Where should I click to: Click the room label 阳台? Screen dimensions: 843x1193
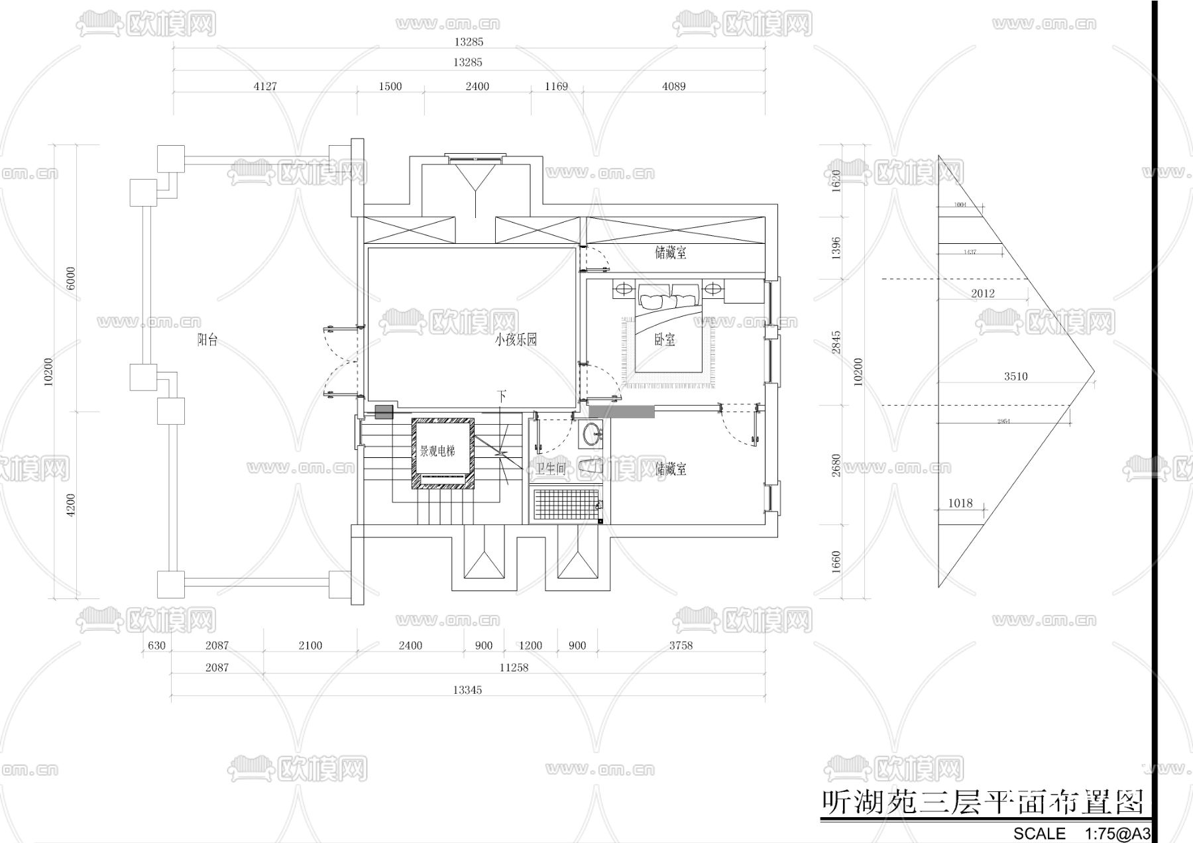pyautogui.click(x=207, y=341)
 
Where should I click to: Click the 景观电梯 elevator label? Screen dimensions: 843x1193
pyautogui.click(x=437, y=452)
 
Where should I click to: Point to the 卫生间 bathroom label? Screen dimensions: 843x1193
pyautogui.click(x=550, y=470)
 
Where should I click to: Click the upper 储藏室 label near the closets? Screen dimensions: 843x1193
pyautogui.click(x=671, y=253)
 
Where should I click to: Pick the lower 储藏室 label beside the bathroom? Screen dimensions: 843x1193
pyautogui.click(x=671, y=470)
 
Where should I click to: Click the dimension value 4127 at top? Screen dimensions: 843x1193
pyautogui.click(x=265, y=86)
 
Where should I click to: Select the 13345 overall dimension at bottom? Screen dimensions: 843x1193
pyautogui.click(x=467, y=690)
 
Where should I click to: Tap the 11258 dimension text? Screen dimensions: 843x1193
pyautogui.click(x=514, y=667)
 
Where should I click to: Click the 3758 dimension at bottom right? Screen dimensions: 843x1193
pyautogui.click(x=681, y=646)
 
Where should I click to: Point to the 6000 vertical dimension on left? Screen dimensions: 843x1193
pyautogui.click(x=71, y=278)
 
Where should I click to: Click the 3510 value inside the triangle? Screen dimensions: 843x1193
pyautogui.click(x=1015, y=376)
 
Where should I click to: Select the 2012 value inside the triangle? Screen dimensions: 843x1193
pyautogui.click(x=983, y=294)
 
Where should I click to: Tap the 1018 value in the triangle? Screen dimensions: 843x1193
pyautogui.click(x=960, y=503)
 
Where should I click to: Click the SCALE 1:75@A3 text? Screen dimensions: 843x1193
pyautogui.click(x=1081, y=833)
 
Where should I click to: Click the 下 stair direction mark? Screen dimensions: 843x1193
pyautogui.click(x=502, y=397)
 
